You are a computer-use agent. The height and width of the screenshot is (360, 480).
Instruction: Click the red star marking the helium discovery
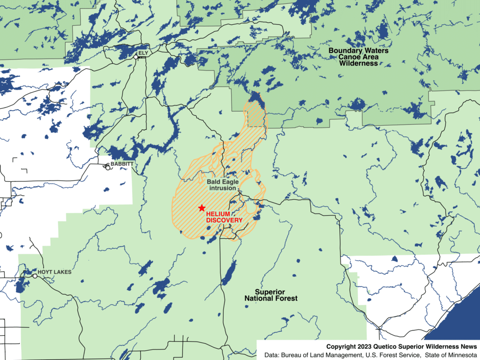[202, 208]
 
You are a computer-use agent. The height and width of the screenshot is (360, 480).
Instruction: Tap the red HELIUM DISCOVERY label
[224, 217]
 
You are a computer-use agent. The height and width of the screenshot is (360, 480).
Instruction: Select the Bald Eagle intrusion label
[222, 185]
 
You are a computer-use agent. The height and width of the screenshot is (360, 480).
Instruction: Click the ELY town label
[143, 53]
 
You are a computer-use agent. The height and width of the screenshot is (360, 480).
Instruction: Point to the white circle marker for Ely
[136, 57]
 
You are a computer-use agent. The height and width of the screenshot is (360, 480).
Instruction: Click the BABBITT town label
[122, 164]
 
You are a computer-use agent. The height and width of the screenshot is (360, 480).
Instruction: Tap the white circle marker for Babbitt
[108, 167]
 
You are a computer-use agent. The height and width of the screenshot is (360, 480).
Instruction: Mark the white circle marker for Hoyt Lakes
[35, 276]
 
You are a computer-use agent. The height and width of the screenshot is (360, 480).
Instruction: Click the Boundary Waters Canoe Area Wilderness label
[359, 57]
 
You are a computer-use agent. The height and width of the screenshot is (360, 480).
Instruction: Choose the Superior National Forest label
[271, 295]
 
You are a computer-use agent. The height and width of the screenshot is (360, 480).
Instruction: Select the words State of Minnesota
[451, 355]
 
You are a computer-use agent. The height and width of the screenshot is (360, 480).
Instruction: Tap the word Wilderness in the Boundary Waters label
[359, 63]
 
